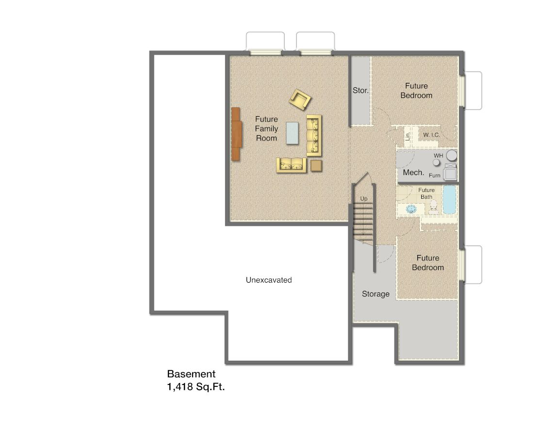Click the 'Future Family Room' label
click(x=266, y=128)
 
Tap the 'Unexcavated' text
click(x=268, y=280)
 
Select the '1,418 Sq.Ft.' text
click(x=196, y=387)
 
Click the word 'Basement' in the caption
click(x=191, y=374)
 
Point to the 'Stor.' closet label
click(x=361, y=90)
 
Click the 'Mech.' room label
click(x=414, y=172)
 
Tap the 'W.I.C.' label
click(x=431, y=134)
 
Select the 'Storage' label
click(x=376, y=294)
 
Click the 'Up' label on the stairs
click(x=363, y=199)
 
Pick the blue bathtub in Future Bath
click(x=450, y=199)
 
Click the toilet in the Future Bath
click(x=433, y=208)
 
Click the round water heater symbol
click(x=452, y=156)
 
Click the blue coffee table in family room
click(x=293, y=133)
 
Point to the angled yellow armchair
click(x=300, y=99)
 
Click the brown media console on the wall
click(x=236, y=134)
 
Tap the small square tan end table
click(x=316, y=165)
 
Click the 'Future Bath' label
click(x=427, y=193)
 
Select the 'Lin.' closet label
click(x=408, y=136)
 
